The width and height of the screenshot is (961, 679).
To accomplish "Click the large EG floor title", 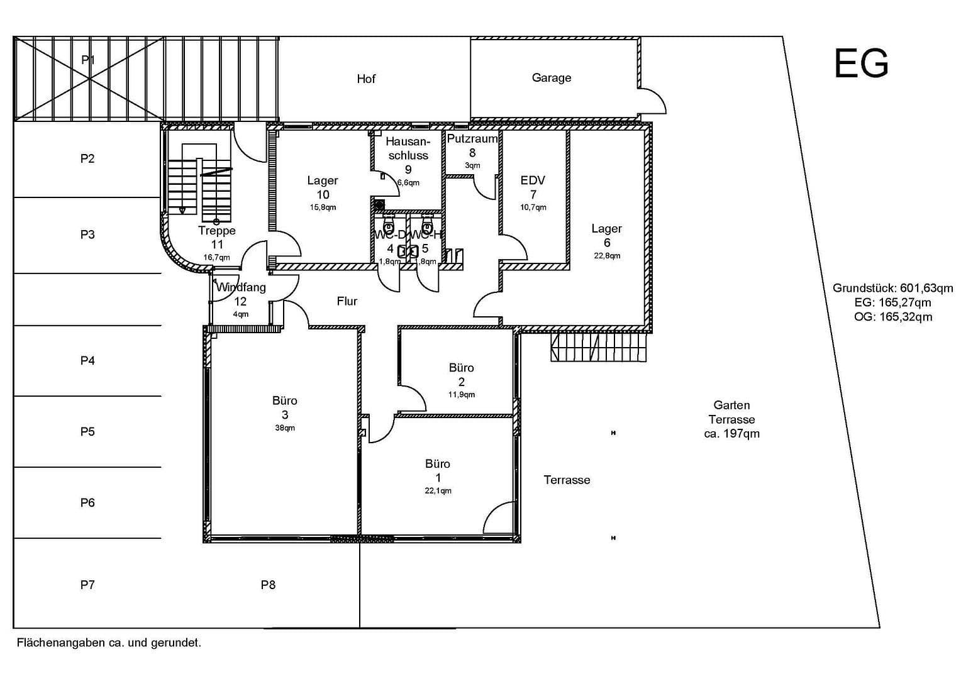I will click(x=860, y=63).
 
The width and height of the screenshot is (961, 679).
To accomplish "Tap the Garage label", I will click(x=551, y=78).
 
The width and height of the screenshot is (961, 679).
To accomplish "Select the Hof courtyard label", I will click(x=365, y=79).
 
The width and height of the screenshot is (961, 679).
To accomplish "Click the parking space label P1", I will click(x=87, y=60).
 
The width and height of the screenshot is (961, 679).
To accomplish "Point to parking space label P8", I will click(x=268, y=585).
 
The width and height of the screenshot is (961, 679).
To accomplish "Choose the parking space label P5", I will click(x=87, y=432).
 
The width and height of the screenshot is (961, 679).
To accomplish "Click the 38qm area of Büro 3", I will click(x=284, y=428).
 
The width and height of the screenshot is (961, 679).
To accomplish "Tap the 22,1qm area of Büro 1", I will click(x=438, y=491).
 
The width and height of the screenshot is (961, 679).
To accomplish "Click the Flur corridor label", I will click(x=347, y=302).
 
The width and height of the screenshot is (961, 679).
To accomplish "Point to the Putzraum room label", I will click(x=472, y=139).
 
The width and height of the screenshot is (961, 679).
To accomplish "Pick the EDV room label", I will click(x=533, y=180).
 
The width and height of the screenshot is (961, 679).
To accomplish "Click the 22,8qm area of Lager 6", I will click(x=607, y=256).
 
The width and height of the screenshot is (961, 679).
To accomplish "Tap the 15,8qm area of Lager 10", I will click(x=323, y=207).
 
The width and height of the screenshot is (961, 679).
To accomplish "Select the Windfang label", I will click(x=241, y=288).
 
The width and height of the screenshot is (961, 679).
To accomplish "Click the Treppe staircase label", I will click(x=217, y=231).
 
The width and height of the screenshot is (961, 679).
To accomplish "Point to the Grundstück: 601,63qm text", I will click(x=892, y=289).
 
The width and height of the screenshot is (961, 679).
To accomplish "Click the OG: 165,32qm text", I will click(x=892, y=317).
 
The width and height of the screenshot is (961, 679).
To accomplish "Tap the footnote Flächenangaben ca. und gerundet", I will click(x=109, y=643).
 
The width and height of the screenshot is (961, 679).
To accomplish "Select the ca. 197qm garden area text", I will click(x=731, y=434).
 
